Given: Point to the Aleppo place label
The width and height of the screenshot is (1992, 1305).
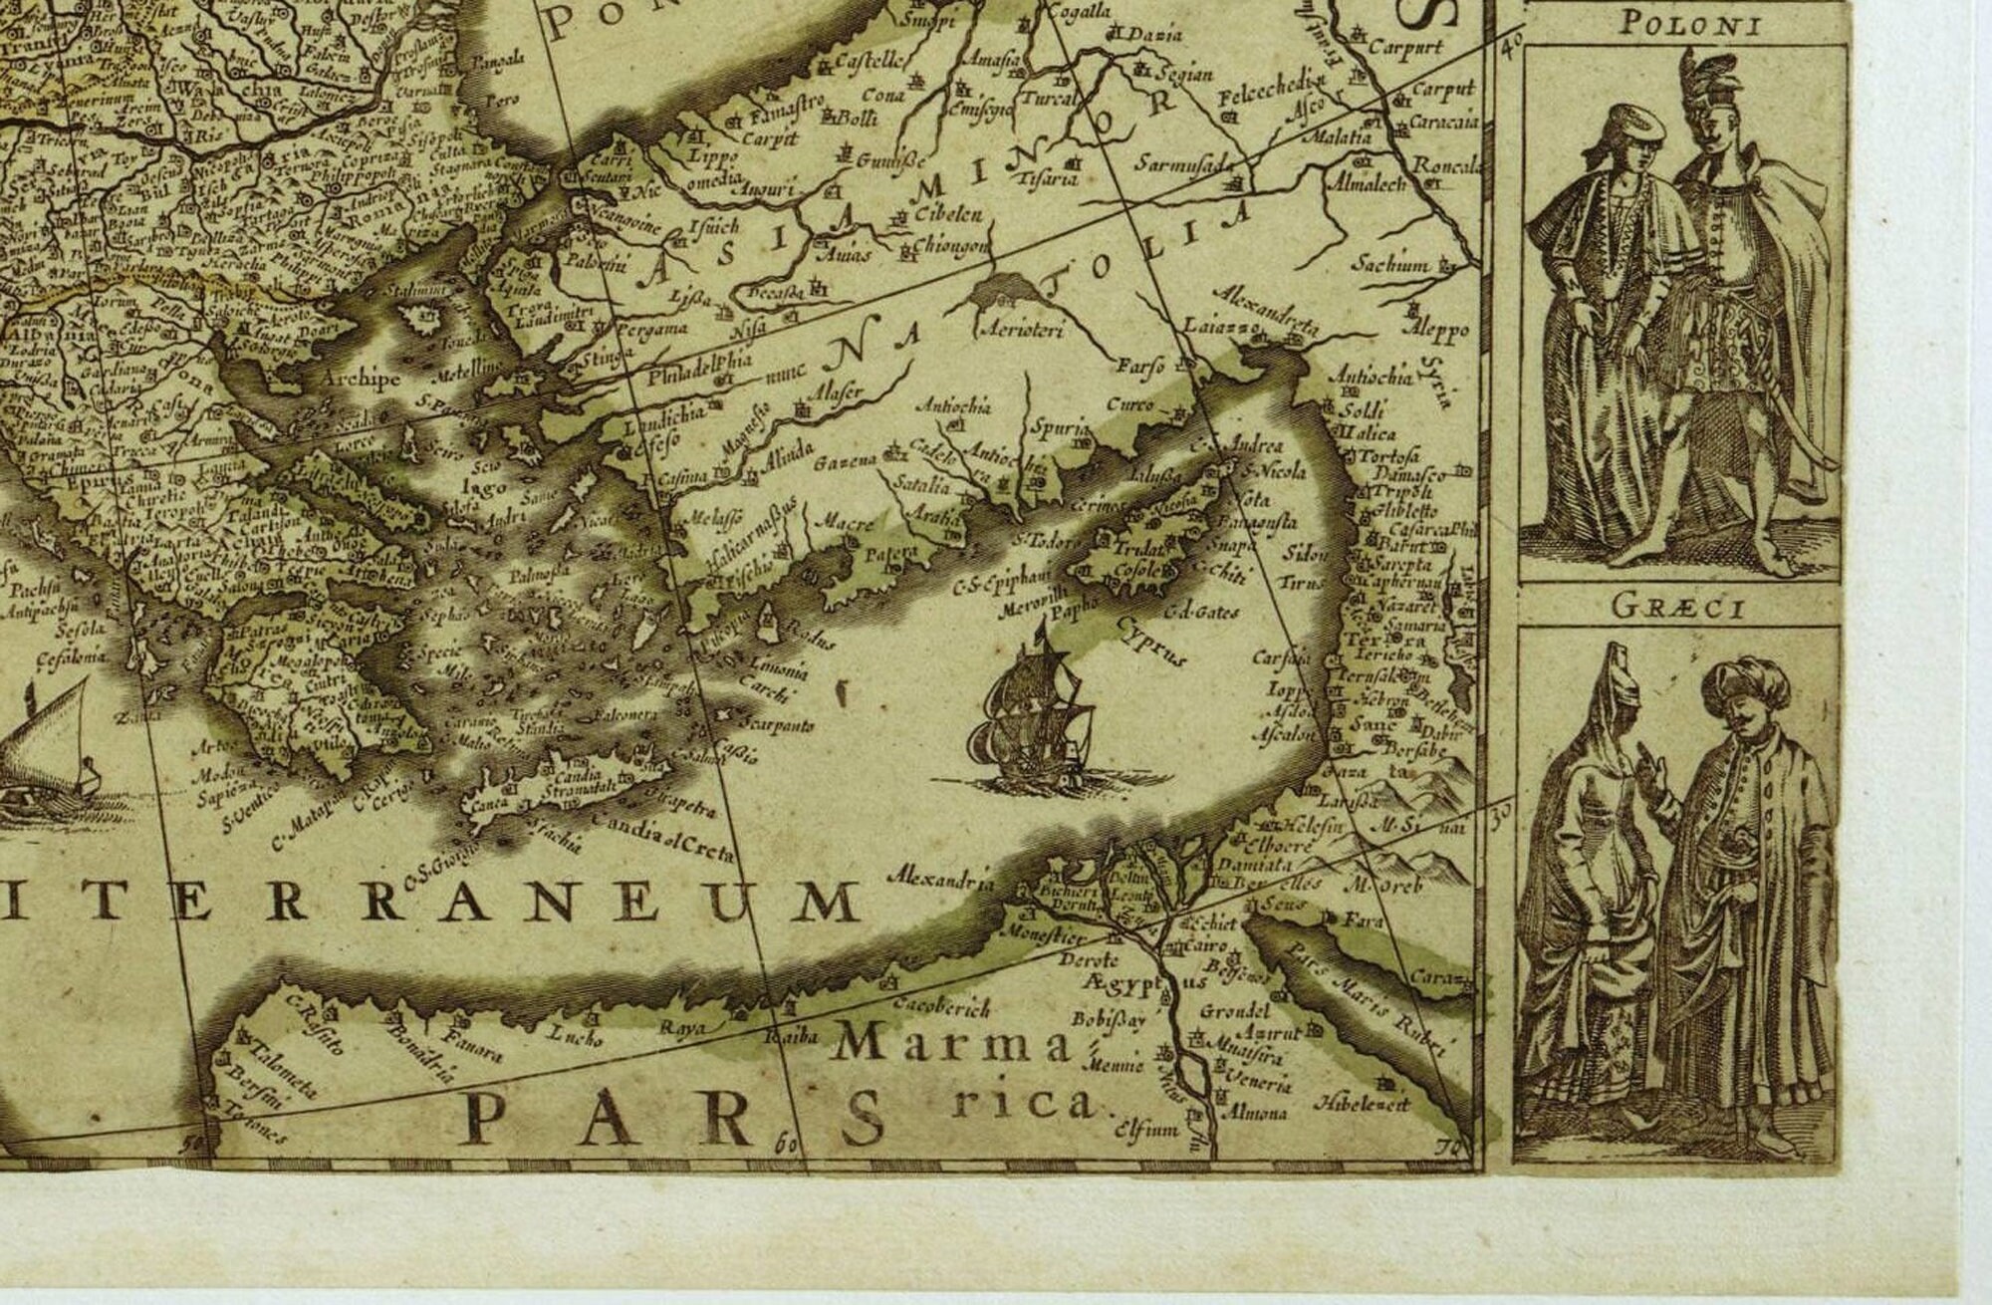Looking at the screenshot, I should point(1435,328).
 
